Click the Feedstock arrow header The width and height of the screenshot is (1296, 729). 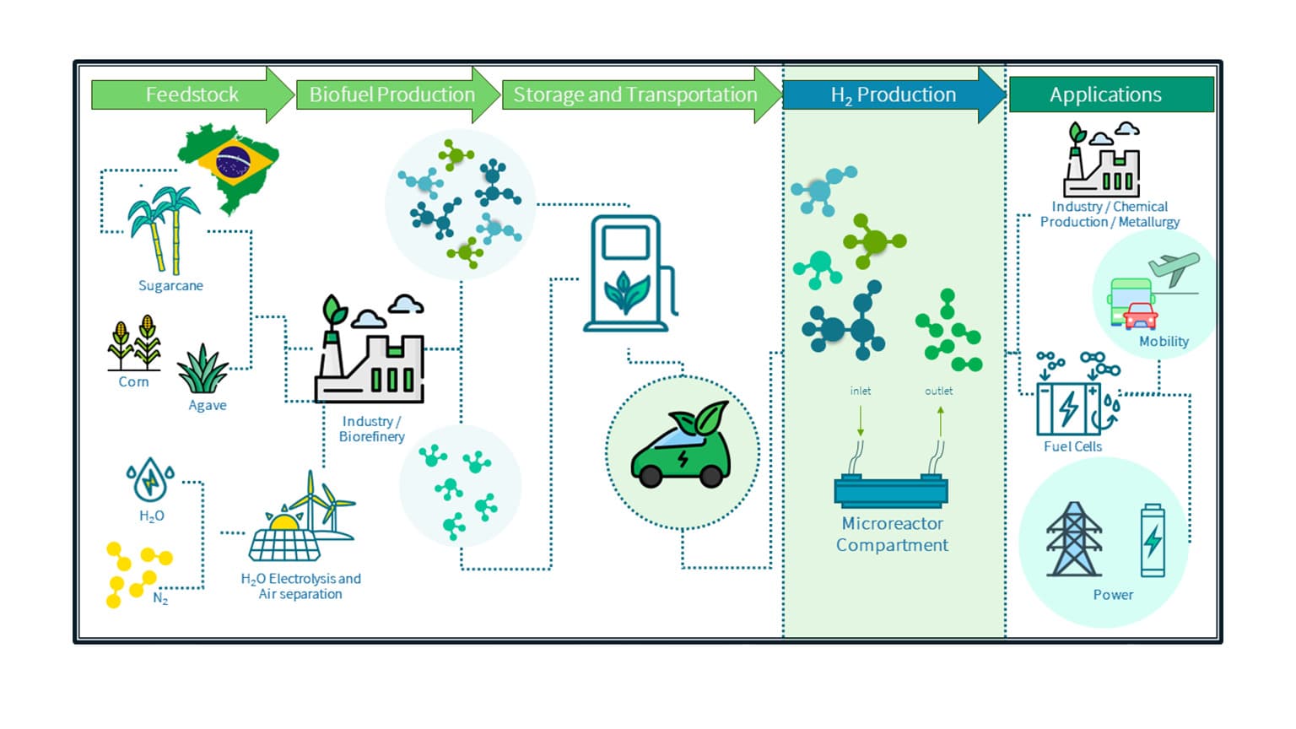click(192, 94)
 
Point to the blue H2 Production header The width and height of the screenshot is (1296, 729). click(893, 94)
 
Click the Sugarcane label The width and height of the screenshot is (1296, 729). click(170, 286)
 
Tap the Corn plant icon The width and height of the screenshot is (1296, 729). click(134, 343)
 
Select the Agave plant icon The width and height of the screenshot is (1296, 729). click(203, 370)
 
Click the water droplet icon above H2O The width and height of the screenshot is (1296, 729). click(151, 479)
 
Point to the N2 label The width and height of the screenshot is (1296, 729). click(160, 598)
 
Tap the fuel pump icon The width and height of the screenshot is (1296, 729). click(628, 273)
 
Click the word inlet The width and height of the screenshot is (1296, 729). click(860, 391)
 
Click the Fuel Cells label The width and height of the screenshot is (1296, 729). click(1072, 446)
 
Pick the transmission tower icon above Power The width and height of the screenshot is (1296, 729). click(1073, 539)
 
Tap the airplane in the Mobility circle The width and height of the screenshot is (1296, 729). click(1174, 268)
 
